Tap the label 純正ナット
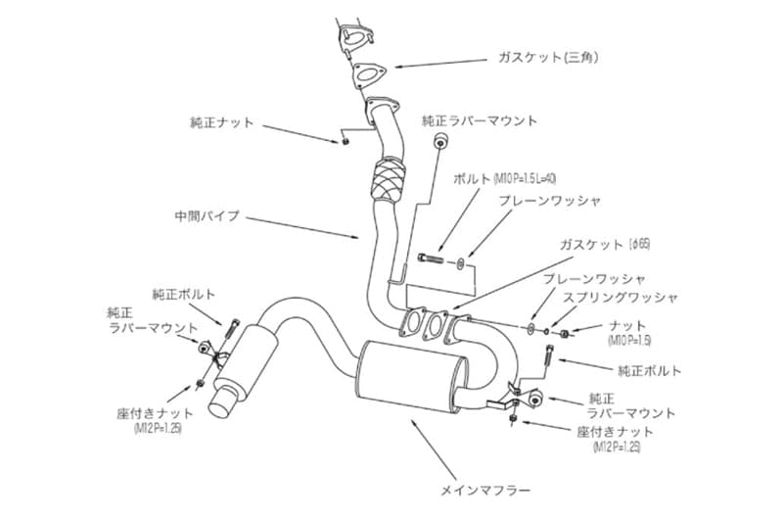coord(221,122)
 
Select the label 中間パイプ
coord(206,215)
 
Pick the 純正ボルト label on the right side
coord(650,371)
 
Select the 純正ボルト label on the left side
coord(184,293)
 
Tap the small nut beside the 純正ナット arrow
coord(345,141)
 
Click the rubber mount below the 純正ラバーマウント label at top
coord(439,145)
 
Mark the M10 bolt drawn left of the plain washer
coord(428,257)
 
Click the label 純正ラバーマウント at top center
coord(479,121)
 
